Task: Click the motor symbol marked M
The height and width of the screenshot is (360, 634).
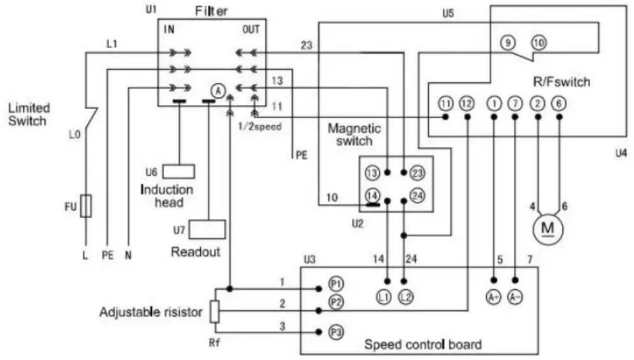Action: pos(548,229)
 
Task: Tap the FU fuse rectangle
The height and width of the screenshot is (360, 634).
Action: pos(86,206)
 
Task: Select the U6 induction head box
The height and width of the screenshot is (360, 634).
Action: pos(179,171)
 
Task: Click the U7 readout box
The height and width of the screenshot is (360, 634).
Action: pos(207,229)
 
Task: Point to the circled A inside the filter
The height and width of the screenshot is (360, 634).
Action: pos(218,91)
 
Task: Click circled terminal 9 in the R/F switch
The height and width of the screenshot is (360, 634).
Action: pos(508,43)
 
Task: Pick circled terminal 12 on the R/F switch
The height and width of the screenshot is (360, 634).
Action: pos(467,103)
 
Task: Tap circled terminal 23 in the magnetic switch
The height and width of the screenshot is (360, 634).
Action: pos(417,173)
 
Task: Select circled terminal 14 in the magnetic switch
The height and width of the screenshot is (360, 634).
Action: pos(373,196)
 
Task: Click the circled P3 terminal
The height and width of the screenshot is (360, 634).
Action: pos(336,332)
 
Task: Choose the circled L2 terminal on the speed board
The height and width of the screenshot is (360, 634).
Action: pos(406,297)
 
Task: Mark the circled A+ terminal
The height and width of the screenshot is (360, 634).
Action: pos(493,297)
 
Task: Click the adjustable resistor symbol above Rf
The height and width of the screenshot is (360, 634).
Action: pos(215,311)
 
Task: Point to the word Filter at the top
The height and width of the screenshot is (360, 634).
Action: pos(211,12)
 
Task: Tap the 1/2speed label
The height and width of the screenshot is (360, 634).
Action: pos(260,127)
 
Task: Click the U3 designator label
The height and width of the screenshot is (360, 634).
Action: pos(310,259)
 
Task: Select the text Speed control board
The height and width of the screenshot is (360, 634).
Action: pos(423,345)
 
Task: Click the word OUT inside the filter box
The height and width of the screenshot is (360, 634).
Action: pos(251,29)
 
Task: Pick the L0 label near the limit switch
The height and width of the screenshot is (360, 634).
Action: pos(75,135)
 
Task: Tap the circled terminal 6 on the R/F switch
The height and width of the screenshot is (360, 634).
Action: pos(559,103)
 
